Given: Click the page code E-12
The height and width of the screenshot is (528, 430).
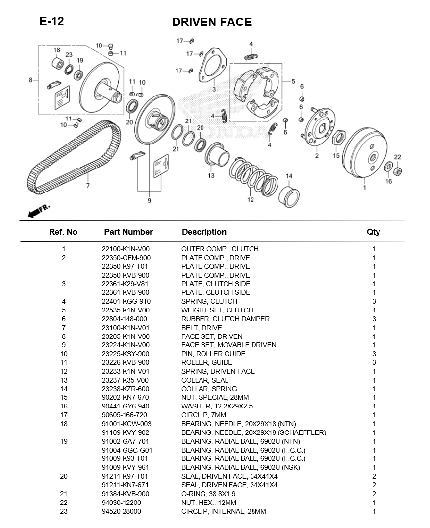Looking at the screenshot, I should (x=51, y=21).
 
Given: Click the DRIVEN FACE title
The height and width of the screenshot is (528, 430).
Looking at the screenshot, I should (x=211, y=22).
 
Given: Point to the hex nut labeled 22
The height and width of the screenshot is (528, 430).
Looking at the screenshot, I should (x=398, y=171).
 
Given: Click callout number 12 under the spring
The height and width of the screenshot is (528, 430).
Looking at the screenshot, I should (x=251, y=199).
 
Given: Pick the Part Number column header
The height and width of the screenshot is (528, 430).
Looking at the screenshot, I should (x=128, y=232).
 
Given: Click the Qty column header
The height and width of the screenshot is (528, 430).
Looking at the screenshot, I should (x=373, y=232).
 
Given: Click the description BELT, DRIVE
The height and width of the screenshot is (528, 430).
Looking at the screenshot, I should (x=202, y=328).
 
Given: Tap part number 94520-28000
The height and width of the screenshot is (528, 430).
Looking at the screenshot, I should (x=121, y=511).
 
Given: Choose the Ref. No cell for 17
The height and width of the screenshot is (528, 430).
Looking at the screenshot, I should (x=63, y=415).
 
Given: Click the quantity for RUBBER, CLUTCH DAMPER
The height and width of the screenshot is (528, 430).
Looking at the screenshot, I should (x=374, y=319).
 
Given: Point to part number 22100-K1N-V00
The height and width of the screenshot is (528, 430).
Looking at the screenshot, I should (x=126, y=249).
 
